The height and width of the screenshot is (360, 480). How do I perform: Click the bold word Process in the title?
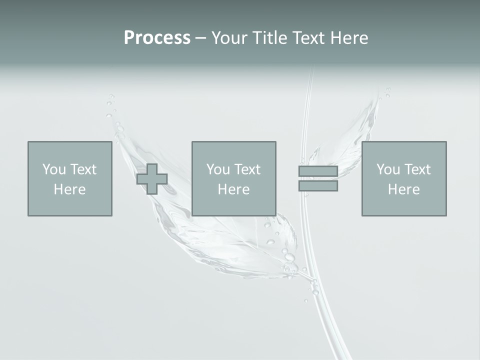pyautogui.click(x=157, y=38)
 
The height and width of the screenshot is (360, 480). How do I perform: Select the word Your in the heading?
pyautogui.click(x=229, y=38)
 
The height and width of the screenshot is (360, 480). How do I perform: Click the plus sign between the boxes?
pyautogui.click(x=152, y=179)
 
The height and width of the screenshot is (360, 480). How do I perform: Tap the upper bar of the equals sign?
pyautogui.click(x=318, y=171)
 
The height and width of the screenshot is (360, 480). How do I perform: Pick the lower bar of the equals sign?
pyautogui.click(x=318, y=186)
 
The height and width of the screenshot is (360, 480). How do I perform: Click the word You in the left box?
pyautogui.click(x=54, y=169)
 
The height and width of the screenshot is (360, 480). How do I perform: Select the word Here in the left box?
pyautogui.click(x=69, y=189)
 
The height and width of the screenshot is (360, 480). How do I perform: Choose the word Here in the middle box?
pyautogui.click(x=233, y=189)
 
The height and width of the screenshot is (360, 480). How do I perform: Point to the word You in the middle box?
pyautogui.click(x=218, y=169)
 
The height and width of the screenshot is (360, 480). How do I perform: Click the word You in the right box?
pyautogui.click(x=388, y=169)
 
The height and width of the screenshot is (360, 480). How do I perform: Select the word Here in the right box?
pyautogui.click(x=403, y=189)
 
